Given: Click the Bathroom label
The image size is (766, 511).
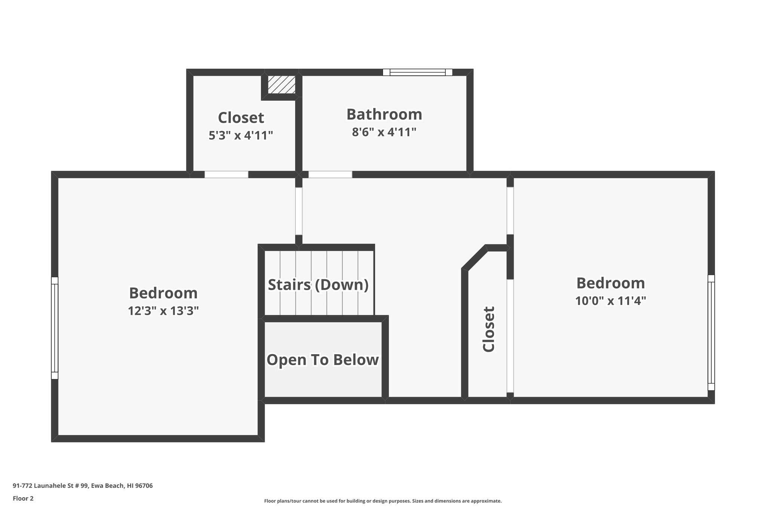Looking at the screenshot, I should coord(384,115).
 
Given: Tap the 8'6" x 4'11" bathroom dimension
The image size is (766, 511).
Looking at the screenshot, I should coord(384,132).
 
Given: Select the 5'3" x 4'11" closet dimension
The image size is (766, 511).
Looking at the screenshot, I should coord(241,135).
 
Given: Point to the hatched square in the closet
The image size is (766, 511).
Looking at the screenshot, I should coord(282,85).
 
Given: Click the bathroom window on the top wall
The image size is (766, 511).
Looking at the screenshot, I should coord(417,72).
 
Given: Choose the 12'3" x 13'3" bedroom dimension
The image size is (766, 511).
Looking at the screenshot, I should coord(163,311).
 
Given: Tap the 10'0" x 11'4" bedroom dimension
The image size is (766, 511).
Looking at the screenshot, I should coord(610,301).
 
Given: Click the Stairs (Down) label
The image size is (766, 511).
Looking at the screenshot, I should coord(318,285).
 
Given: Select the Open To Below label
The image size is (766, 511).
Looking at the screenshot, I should coord(322,360).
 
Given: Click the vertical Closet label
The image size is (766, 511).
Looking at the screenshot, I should coord(489,329).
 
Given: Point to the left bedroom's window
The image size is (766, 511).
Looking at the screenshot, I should coord(55,328).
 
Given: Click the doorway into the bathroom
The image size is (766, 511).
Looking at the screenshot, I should coord(330,174).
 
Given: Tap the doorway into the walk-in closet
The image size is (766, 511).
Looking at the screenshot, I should coord(226,174).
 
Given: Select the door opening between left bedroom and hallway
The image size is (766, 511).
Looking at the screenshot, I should coord(298,211).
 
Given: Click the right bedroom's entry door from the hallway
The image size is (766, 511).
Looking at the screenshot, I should coord(510,211).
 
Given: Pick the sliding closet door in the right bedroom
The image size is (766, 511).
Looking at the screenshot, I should coord(510,335).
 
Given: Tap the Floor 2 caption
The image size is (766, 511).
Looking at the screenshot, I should coord(23,498).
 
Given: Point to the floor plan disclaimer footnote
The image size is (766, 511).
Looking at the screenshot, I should coord(383,501).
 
